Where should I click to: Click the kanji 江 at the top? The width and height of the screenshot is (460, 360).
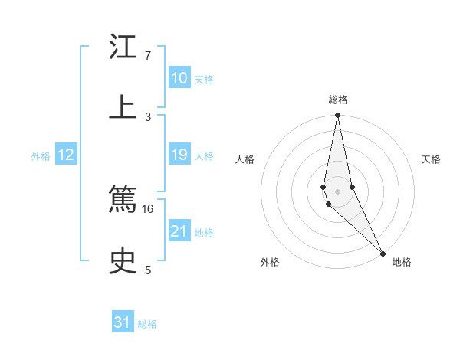click(x=123, y=48)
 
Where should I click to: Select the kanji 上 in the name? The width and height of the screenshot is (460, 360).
click(x=123, y=106)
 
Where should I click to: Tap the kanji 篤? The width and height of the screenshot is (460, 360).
click(x=123, y=201)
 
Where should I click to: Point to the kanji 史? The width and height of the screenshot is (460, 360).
click(x=123, y=260)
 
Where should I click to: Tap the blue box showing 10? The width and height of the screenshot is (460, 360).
click(x=179, y=79)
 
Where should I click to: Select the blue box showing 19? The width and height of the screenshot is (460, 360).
click(x=179, y=155)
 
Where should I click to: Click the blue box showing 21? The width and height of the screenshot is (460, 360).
click(x=179, y=231)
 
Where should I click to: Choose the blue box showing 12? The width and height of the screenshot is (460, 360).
click(x=66, y=155)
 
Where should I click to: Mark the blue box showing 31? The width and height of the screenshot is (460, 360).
click(x=123, y=323)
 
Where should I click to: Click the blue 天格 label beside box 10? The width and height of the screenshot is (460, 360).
click(x=204, y=80)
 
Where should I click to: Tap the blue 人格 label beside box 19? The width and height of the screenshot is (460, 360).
click(x=204, y=156)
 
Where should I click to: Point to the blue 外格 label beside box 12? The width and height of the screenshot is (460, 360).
click(x=41, y=156)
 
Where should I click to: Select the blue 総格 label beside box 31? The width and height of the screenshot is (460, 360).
click(x=147, y=324)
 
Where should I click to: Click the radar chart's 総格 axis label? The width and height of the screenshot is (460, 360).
click(x=338, y=100)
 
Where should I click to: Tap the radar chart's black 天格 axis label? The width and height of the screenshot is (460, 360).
click(x=431, y=159)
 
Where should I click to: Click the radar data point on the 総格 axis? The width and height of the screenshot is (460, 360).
click(x=337, y=116)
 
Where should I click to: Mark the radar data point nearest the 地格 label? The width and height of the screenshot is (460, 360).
click(x=383, y=253)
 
